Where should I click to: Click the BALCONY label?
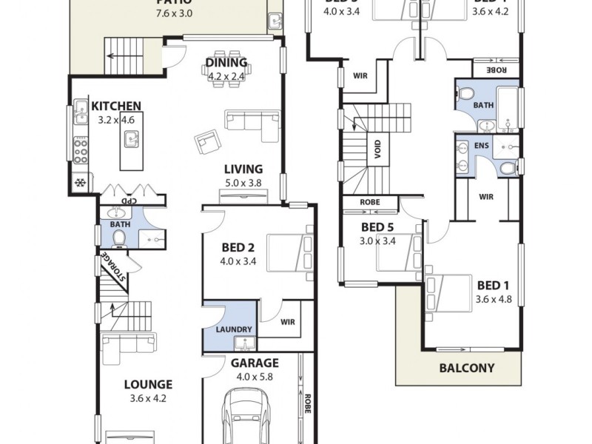pos(466,367)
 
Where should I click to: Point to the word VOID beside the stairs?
pos(378,150)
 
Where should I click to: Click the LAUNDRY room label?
pos(235,329)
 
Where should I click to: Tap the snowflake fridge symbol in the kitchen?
pos(78,182)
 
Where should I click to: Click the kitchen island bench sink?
pos(132,137)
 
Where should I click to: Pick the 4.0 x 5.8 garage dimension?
pos(254,376)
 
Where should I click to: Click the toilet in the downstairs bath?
pos(119,237)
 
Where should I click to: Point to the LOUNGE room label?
pos(147,384)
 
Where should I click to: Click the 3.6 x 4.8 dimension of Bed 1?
pos(494,299)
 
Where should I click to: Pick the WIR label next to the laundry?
pos(288,323)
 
